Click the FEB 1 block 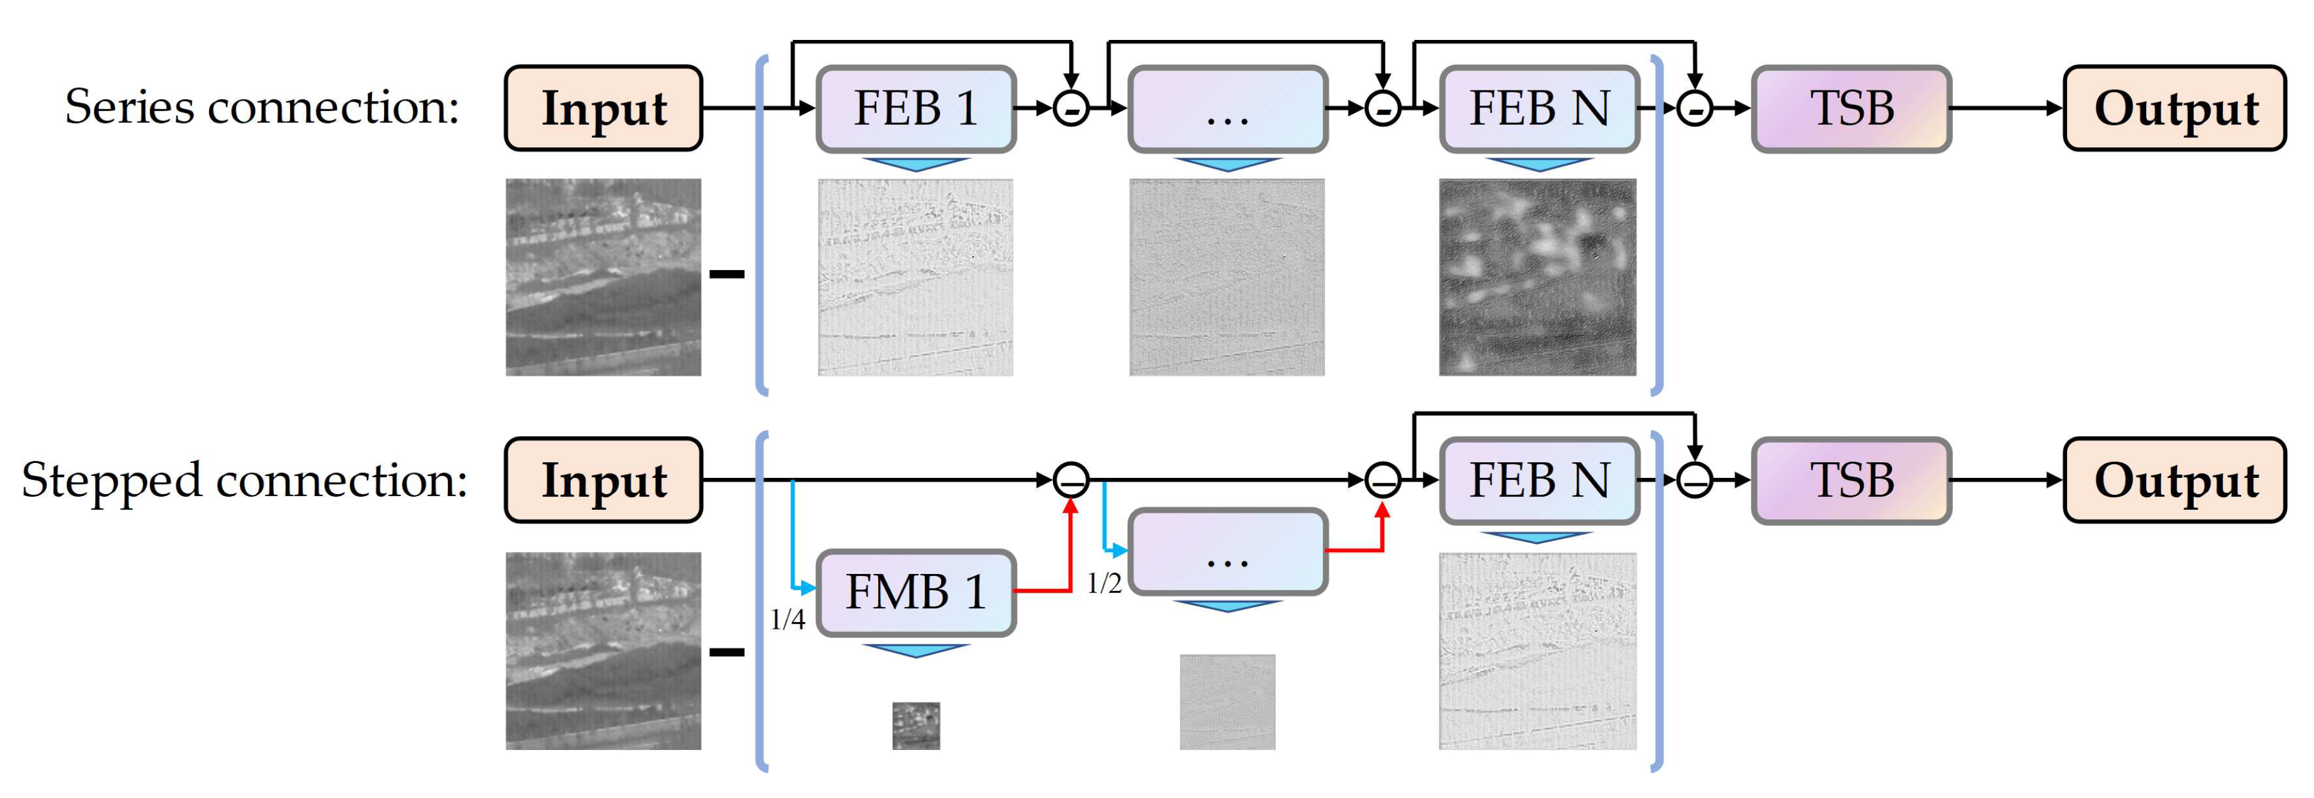[916, 109]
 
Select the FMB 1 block [916, 592]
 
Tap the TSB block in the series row [1851, 109]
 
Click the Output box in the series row [2175, 109]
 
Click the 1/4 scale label [788, 619]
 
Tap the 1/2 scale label [1104, 584]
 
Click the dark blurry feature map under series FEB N [1538, 277]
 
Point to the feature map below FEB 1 [916, 277]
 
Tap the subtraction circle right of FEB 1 [1071, 109]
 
